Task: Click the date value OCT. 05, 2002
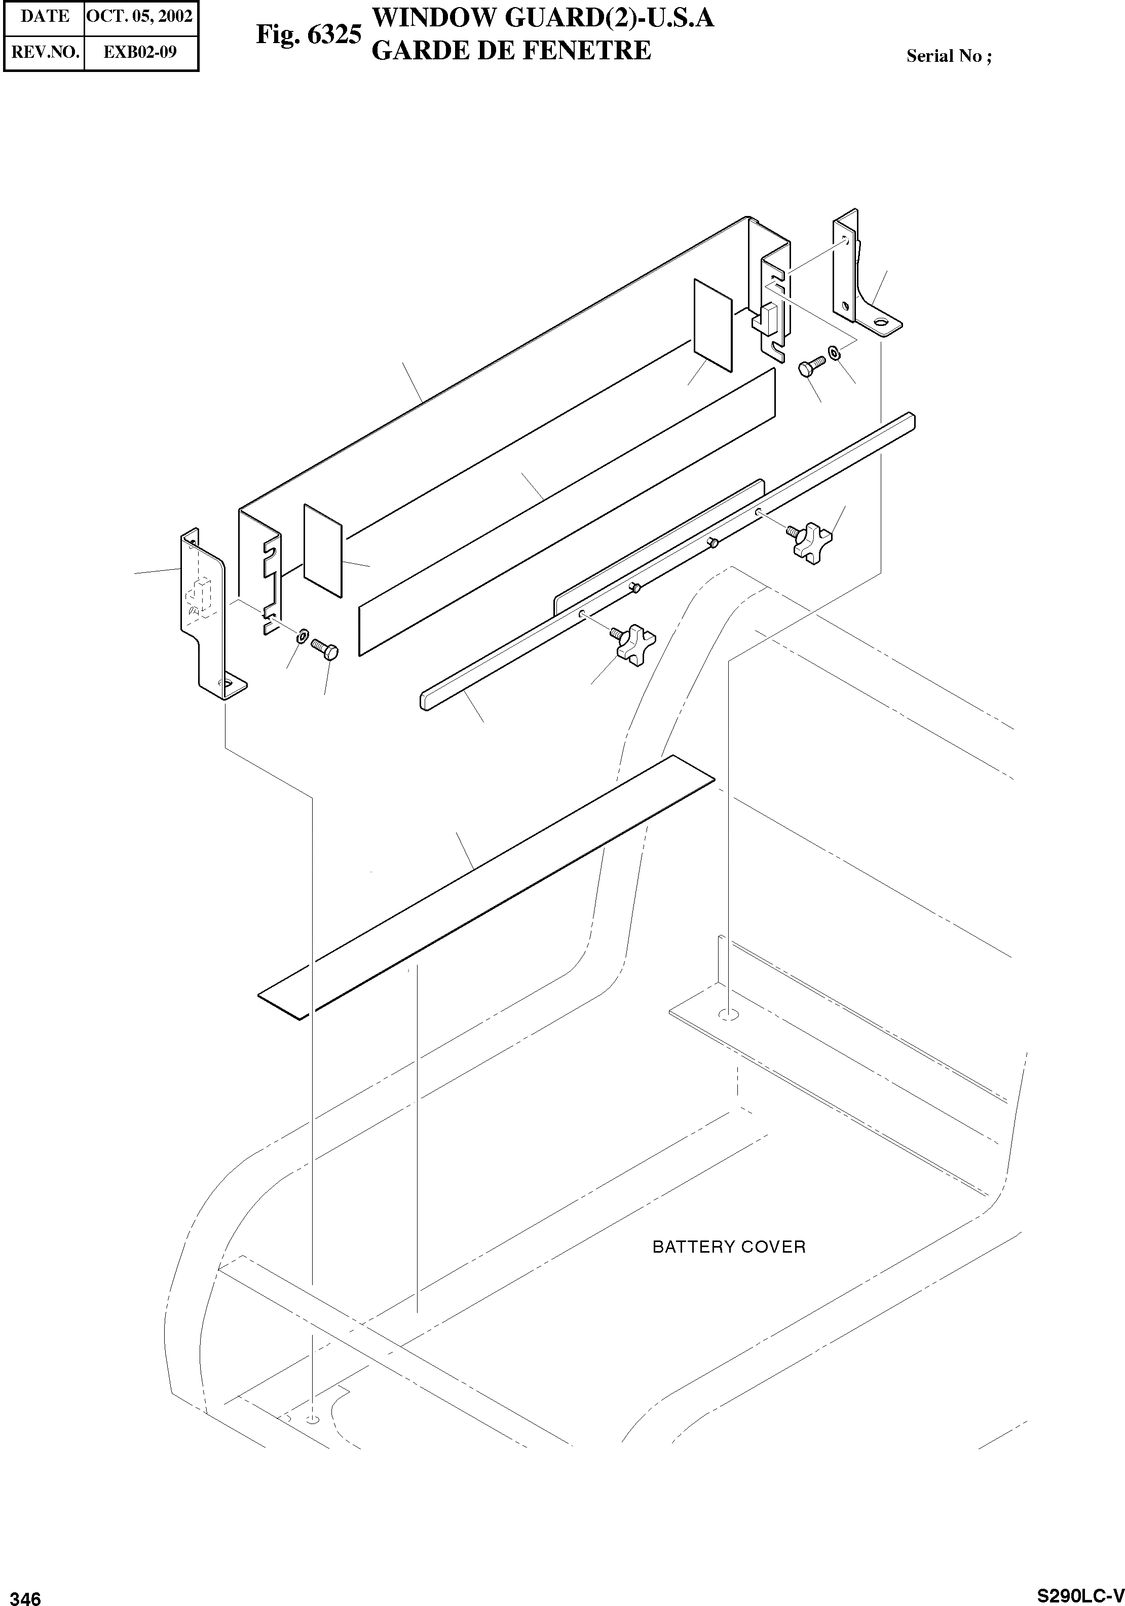point(140,17)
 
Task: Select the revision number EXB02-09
point(140,52)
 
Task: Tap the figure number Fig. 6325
point(308,35)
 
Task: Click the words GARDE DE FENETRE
point(510,50)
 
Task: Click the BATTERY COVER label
point(729,1247)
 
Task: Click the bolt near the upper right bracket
point(811,366)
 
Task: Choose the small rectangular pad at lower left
point(323,551)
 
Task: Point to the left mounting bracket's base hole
point(227,681)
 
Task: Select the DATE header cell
point(45,17)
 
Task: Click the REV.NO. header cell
point(45,52)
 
